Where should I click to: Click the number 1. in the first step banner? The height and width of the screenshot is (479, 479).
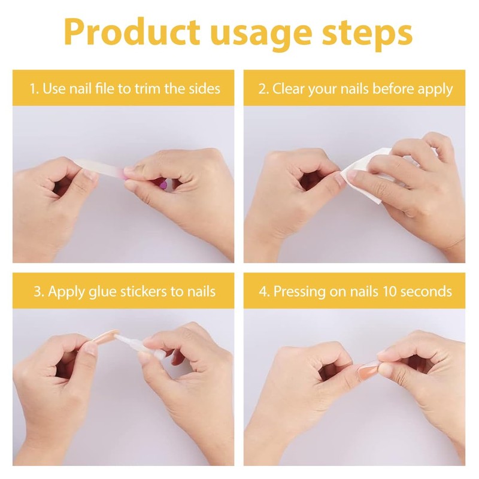(x=35, y=89)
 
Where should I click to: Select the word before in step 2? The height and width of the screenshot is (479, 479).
(x=392, y=89)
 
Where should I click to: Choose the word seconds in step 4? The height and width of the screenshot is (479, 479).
(x=429, y=292)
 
